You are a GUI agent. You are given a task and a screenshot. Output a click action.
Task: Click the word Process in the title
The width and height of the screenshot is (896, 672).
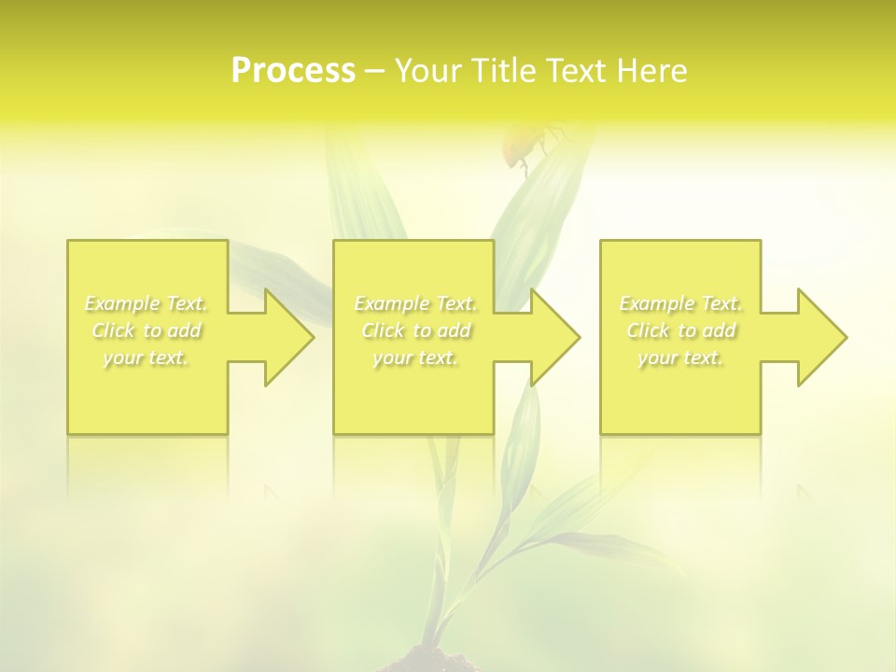tap(293, 71)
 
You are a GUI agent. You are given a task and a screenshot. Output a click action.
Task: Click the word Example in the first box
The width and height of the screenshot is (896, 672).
tap(122, 303)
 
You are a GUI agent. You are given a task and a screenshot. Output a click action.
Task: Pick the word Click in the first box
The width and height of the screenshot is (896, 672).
tap(112, 330)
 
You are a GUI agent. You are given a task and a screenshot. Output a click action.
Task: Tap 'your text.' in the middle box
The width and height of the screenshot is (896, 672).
tap(415, 357)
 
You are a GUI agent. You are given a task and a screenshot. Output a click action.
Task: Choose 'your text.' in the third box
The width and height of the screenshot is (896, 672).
tap(680, 357)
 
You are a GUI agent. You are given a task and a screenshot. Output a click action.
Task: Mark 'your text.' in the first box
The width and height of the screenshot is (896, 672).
tap(146, 357)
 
